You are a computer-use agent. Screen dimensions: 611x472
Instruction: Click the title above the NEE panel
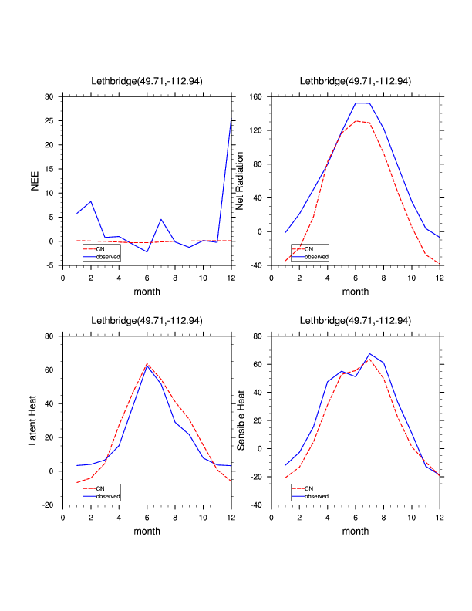147,81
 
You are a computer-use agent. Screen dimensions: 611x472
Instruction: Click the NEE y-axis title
35,181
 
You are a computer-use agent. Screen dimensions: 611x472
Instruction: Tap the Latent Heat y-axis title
33,420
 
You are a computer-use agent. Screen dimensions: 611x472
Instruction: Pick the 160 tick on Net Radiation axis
256,97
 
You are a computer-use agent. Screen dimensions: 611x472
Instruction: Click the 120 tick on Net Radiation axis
256,131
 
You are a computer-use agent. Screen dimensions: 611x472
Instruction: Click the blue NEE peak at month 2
91,201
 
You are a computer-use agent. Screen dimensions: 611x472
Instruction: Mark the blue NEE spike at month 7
161,219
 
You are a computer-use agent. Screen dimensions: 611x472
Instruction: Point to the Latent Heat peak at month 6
147,364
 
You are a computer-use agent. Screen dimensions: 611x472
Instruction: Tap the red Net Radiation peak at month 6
356,121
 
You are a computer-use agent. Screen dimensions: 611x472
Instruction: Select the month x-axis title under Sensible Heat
356,532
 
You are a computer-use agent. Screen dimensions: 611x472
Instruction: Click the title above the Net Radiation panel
356,81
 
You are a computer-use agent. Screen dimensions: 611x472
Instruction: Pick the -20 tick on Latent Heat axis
48,505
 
